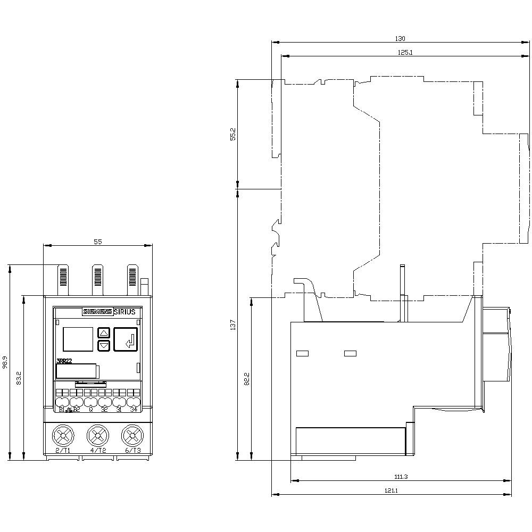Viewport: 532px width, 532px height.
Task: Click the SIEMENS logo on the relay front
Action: [x=96, y=312]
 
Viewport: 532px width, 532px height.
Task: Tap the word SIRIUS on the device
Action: [x=124, y=312]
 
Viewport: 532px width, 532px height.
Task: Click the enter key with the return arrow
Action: [x=126, y=339]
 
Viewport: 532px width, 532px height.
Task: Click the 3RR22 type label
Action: [x=64, y=361]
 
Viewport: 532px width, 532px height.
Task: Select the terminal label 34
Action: [x=134, y=409]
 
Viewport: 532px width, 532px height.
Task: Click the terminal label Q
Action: [x=91, y=409]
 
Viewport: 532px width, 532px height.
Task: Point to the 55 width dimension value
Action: [x=98, y=242]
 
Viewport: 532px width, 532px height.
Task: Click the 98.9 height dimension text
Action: [x=5, y=362]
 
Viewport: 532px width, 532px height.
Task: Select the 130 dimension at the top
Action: [x=400, y=38]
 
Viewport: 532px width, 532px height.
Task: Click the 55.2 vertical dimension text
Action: [x=232, y=134]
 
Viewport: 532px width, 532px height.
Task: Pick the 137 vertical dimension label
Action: [x=232, y=325]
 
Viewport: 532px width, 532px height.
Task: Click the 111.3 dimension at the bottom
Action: [x=402, y=477]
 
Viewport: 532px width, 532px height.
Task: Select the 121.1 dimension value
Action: [x=392, y=491]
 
